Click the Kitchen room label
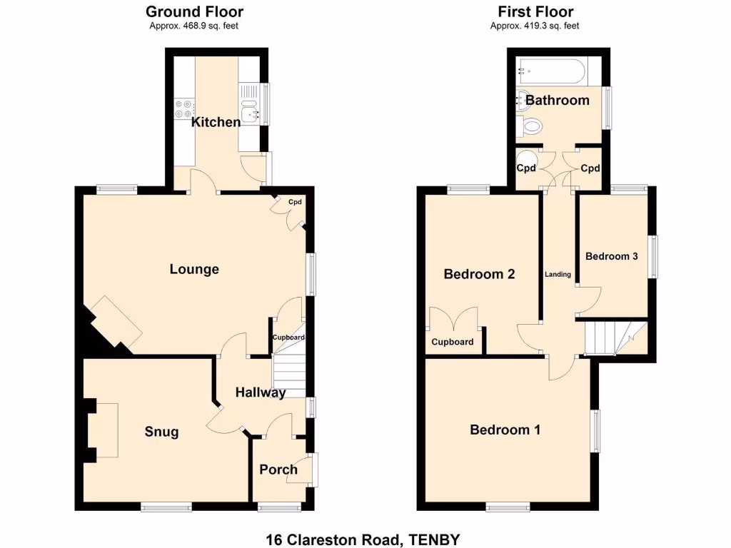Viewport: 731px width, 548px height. (x=216, y=122)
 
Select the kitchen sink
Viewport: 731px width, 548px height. (x=249, y=112)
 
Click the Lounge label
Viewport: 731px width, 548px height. (x=194, y=269)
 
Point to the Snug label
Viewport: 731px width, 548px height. (x=161, y=432)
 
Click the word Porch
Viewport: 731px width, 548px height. (x=278, y=469)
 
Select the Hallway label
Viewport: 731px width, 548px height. (x=261, y=392)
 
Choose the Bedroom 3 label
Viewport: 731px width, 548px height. (x=611, y=256)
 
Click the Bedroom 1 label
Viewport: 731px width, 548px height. (x=505, y=430)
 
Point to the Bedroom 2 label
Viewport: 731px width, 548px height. (x=479, y=274)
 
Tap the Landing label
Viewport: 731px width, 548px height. (x=558, y=274)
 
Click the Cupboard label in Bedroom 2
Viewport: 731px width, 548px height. (x=453, y=342)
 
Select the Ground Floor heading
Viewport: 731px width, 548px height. (x=194, y=11)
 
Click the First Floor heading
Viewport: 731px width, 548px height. (x=535, y=11)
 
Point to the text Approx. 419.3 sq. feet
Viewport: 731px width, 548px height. (x=535, y=26)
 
